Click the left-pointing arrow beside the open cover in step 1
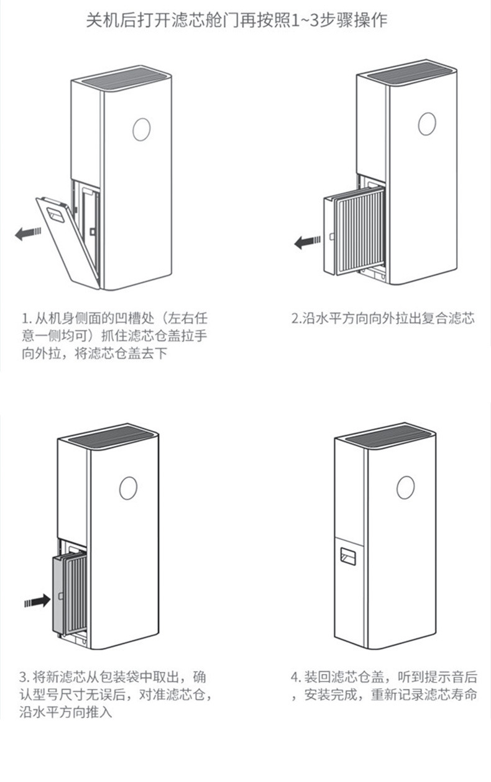[x=28, y=233]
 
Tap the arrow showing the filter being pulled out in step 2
[x=307, y=242]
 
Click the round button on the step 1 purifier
[x=142, y=129]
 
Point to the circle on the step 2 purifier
[x=427, y=124]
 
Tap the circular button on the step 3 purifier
[x=128, y=488]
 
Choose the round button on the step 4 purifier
[x=405, y=488]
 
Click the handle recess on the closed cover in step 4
[x=348, y=556]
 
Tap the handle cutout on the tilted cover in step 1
[x=57, y=215]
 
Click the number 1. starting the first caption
[x=27, y=319]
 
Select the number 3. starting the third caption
[x=24, y=677]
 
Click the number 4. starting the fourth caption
[x=296, y=677]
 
